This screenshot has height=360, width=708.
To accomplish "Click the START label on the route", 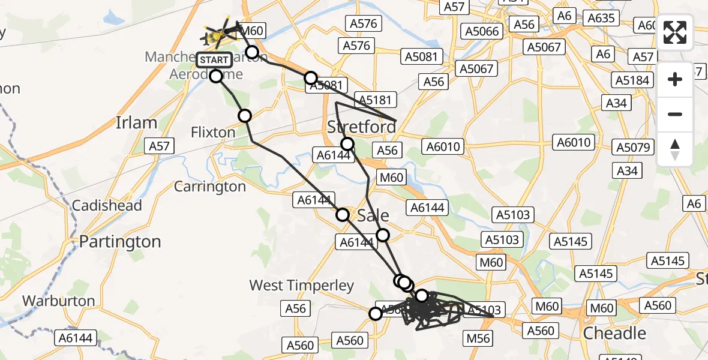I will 214,60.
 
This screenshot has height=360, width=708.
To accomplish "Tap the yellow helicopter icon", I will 215,35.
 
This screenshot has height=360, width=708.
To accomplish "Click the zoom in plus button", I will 675,79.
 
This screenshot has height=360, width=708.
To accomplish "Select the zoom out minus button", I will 675,114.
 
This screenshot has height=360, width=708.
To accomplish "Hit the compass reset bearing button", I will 675,149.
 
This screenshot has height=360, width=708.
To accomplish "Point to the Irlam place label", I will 136,123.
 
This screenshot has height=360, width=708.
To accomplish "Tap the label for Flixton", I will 213,132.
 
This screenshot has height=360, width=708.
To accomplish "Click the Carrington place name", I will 210,187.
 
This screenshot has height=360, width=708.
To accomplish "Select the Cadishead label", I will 107,206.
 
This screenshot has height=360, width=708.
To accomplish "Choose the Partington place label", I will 121,242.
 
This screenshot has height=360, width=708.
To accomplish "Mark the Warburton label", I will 59,301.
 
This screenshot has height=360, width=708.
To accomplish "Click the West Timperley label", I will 302,286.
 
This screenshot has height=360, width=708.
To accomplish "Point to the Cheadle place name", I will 615,333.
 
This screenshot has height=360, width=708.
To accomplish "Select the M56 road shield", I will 478,338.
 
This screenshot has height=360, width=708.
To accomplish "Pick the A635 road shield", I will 601,18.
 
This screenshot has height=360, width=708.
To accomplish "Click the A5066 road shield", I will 481,31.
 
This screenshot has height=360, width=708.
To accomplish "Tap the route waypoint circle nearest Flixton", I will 245,116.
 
